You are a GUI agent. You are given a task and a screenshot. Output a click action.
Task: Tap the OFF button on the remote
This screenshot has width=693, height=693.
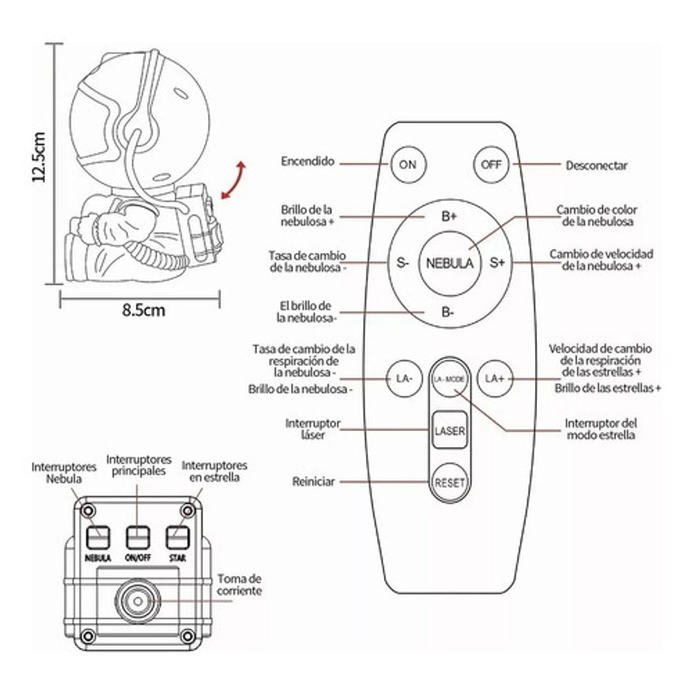coord(491,165)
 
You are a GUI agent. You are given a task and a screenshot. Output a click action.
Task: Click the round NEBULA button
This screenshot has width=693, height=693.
coord(450,263)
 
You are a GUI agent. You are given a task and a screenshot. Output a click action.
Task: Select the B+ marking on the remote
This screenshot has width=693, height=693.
coord(450,216)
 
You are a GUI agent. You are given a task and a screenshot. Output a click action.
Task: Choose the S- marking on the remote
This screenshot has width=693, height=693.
coord(403,263)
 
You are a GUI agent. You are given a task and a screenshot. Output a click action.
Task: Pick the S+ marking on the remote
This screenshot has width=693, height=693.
coord(497,263)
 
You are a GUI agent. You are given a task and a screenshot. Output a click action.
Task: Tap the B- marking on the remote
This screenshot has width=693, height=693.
coord(449,311)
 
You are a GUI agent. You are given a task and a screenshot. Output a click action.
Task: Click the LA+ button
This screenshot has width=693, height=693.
coord(495,378)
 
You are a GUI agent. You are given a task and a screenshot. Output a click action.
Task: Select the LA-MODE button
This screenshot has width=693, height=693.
coord(449,379)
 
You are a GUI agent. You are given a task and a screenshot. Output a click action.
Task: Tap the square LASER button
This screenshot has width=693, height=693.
coord(449,430)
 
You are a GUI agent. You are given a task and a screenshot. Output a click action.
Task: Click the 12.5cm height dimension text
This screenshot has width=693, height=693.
coord(40,157)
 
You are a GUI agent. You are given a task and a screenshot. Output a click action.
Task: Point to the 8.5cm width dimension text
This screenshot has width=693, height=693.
coord(143,309)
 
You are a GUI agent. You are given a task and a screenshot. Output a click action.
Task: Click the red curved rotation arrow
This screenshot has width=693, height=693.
coord(232,179)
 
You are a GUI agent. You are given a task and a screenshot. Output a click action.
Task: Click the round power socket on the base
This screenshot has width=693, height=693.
coord(136,599)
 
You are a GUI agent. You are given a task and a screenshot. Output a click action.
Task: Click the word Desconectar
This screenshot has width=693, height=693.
coord(597,166)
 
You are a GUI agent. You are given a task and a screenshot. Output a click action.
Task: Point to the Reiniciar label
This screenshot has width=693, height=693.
coord(314,481)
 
